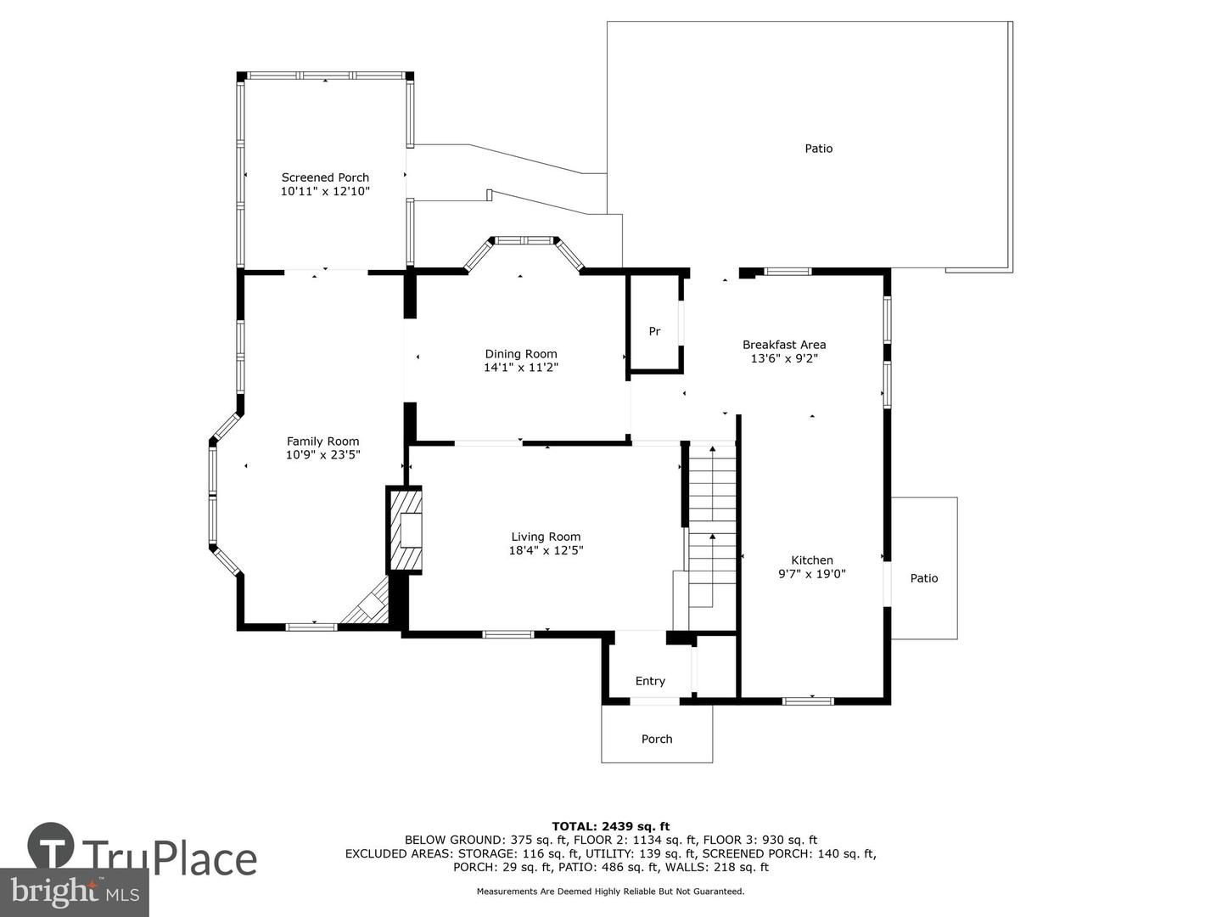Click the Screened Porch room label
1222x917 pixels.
click(x=325, y=177)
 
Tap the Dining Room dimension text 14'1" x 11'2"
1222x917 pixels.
click(x=521, y=368)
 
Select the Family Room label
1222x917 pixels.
click(x=322, y=442)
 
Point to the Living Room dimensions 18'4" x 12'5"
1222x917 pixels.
click(x=546, y=550)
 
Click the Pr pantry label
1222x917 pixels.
click(x=654, y=331)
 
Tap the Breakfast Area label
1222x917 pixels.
click(x=784, y=345)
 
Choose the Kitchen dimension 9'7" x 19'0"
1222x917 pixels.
click(x=812, y=574)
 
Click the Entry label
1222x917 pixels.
click(x=650, y=681)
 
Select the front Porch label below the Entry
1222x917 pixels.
click(x=657, y=739)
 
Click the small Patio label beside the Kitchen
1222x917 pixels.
click(x=924, y=578)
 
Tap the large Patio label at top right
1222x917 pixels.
click(x=819, y=149)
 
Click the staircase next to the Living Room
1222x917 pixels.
click(x=711, y=526)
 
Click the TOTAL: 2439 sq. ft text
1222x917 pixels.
click(x=610, y=826)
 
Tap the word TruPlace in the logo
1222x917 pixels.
click(x=170, y=858)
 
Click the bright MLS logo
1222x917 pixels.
click(x=75, y=892)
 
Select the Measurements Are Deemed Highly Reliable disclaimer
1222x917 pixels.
click(x=610, y=892)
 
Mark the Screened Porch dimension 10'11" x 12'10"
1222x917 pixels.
click(x=325, y=192)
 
